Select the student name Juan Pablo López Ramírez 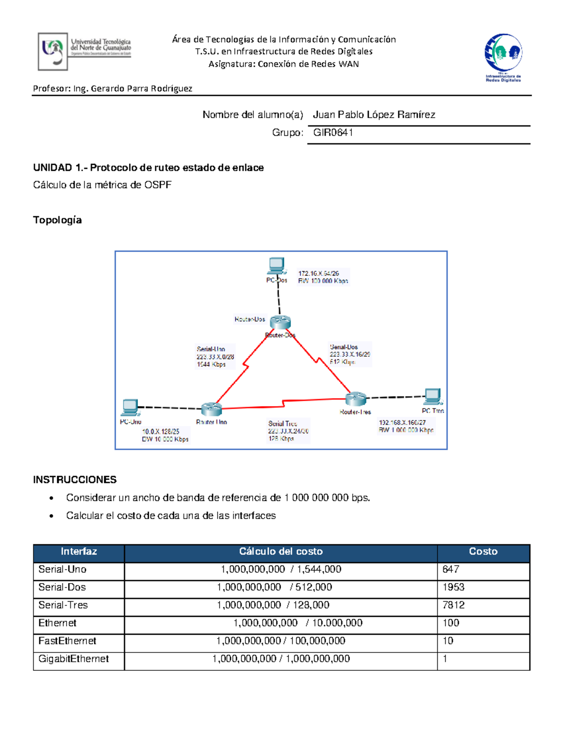click(374, 115)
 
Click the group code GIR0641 click(333, 133)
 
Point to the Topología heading click(57, 220)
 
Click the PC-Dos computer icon click(276, 266)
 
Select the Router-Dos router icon click(281, 322)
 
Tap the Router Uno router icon click(211, 409)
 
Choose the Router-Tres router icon click(356, 399)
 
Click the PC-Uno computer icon click(130, 407)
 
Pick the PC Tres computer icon click(432, 397)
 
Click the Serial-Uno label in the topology click(211, 349)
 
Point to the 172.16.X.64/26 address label click(319, 273)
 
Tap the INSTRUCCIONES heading click(75, 480)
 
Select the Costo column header click(483, 552)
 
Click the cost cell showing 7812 click(453, 605)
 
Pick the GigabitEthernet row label click(74, 659)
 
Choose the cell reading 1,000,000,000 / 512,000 click(274, 587)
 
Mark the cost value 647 click(450, 569)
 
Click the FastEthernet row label click(67, 641)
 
